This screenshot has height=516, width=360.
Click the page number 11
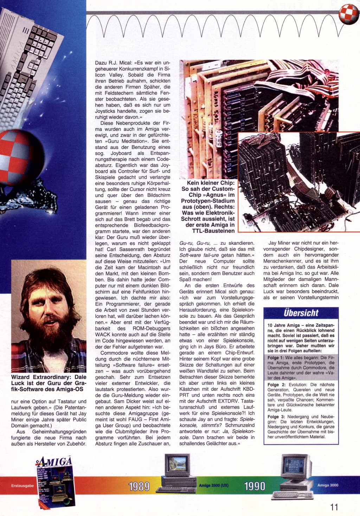[334, 507]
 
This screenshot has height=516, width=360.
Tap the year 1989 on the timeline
[139, 486]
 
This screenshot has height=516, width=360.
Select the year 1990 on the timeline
[255, 486]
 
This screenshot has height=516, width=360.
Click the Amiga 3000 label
[328, 485]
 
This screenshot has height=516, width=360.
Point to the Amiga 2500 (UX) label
[213, 485]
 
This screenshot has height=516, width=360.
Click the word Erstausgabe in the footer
[22, 486]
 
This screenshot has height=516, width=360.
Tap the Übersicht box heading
[301, 313]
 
